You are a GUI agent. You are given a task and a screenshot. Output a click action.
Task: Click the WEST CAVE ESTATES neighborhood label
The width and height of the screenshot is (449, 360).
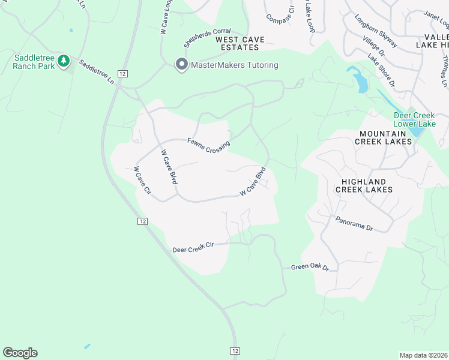240,43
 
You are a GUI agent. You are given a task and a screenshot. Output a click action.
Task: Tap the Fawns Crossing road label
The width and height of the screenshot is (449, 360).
208,146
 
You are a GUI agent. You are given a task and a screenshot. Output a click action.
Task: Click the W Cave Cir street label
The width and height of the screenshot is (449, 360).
142,183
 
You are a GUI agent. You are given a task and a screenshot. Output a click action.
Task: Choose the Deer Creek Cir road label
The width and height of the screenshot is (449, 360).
193,248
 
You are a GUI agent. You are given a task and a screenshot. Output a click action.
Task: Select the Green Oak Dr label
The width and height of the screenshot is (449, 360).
310,267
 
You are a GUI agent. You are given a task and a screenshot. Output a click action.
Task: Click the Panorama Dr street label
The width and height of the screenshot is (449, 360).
354,224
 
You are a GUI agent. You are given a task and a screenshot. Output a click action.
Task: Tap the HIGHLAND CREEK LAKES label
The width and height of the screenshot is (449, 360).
364,185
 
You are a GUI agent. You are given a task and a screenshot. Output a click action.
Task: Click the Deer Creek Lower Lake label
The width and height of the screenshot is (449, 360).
414,119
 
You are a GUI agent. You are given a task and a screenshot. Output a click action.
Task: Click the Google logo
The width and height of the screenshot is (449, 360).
20,353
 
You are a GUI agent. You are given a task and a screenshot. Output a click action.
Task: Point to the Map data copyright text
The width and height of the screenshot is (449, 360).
424,355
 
